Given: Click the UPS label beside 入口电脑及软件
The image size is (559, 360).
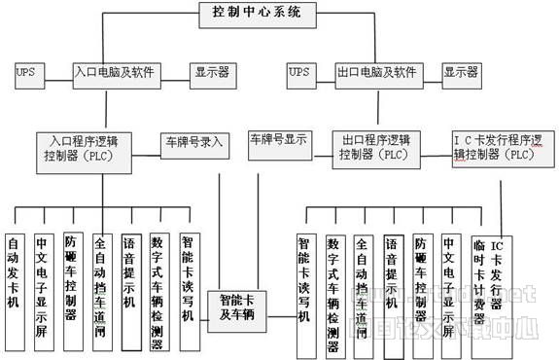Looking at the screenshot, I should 26,73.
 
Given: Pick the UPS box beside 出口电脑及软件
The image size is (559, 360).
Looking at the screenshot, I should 300,73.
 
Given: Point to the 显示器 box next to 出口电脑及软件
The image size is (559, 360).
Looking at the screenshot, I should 461,73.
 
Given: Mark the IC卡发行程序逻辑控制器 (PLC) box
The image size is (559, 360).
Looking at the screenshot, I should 495,147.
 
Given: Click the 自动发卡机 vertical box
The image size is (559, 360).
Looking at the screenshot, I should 14,277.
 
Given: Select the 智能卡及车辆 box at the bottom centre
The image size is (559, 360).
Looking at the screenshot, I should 242,307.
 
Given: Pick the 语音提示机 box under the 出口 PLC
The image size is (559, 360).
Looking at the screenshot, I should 392,277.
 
